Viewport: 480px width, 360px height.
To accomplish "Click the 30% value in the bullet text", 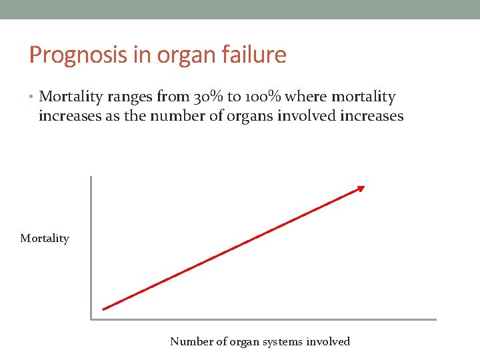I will [208, 97].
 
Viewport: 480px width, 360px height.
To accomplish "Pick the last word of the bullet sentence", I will [371, 117].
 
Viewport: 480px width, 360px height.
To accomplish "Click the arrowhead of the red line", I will [361, 189].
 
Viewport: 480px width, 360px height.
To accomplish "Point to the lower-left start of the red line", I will [104, 309].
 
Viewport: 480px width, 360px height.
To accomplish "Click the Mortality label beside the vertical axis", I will [45, 238].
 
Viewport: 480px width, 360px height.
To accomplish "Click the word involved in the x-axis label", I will [328, 342].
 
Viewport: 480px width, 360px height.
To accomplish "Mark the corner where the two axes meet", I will [91, 319].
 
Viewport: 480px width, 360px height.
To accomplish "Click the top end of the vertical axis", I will [91, 177].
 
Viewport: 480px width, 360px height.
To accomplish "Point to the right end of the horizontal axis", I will [435, 319].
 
